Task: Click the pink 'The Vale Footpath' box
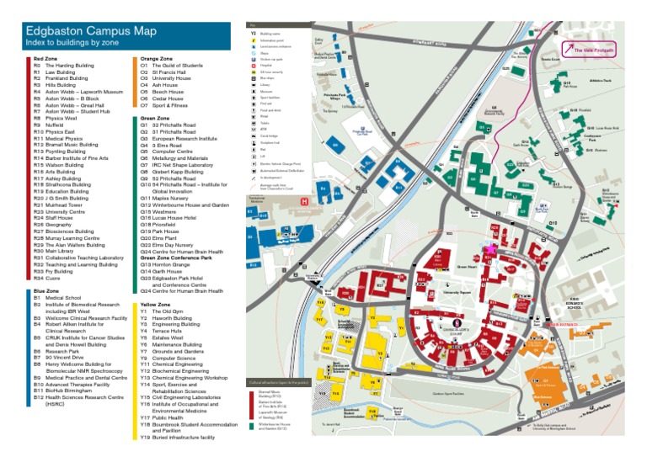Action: (594, 50)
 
